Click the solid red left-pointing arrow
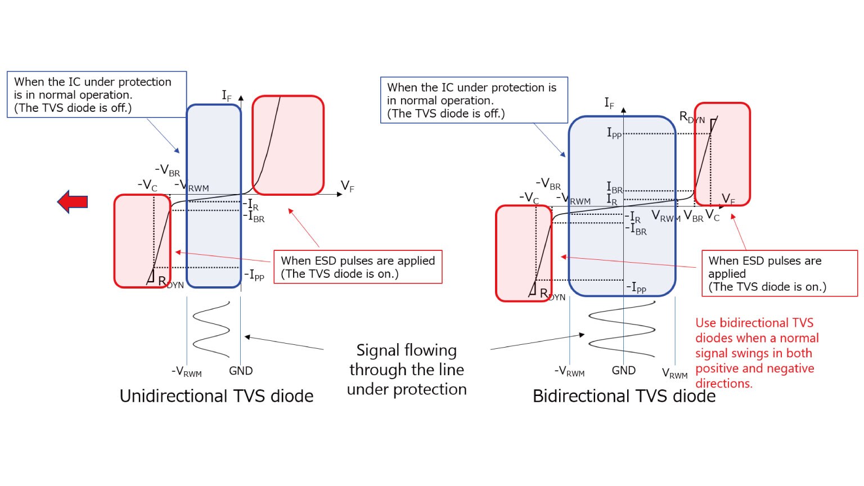pos(73,201)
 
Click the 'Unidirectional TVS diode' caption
pos(217,396)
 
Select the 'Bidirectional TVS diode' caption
pos(624,396)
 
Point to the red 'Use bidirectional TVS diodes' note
pos(757,353)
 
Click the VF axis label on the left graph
pos(348,186)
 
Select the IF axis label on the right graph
pos(609,103)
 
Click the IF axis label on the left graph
pos(227,96)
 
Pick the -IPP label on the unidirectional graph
pos(254,276)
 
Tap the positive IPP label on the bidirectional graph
pos(614,133)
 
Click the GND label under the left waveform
pos(241,371)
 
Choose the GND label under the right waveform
pos(623,371)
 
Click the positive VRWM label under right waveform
pos(674,373)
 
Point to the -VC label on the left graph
pos(147,184)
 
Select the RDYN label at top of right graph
pos(691,117)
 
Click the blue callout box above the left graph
pos(96,94)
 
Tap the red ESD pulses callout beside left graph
pos(358,267)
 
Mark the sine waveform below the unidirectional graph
pos(211,329)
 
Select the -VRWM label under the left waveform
pos(186,372)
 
